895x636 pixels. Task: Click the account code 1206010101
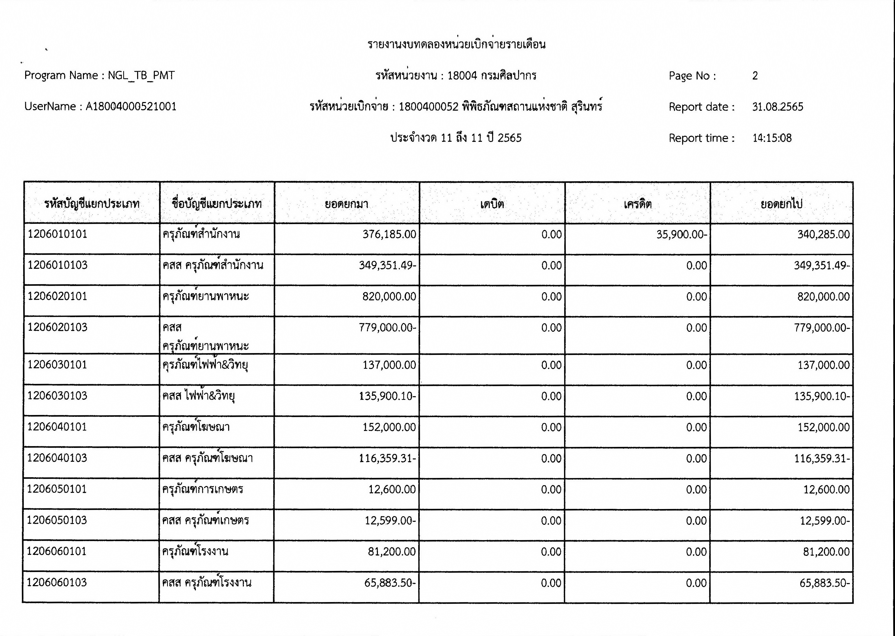57,234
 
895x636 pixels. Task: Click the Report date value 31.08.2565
777,107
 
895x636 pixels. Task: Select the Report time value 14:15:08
772,138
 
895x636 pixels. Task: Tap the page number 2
755,76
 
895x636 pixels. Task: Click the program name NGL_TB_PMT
141,75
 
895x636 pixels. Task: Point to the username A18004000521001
131,107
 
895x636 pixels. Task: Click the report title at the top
456,44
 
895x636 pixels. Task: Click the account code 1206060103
57,582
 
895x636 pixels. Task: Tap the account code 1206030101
57,365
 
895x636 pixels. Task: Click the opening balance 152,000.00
389,427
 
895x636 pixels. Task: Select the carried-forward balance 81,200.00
826,552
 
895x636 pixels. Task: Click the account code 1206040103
57,458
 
